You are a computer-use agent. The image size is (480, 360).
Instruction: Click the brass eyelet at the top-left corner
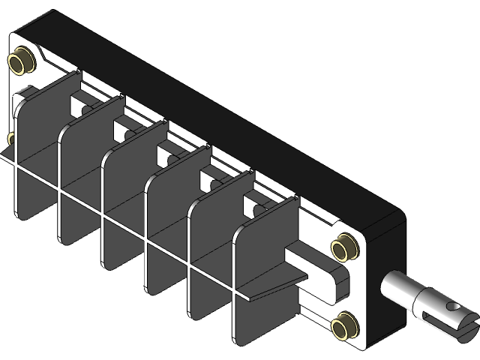click(22, 61)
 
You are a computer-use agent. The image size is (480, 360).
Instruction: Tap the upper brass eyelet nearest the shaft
click(346, 245)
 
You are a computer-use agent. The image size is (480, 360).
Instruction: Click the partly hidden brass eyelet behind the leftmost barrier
click(10, 139)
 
